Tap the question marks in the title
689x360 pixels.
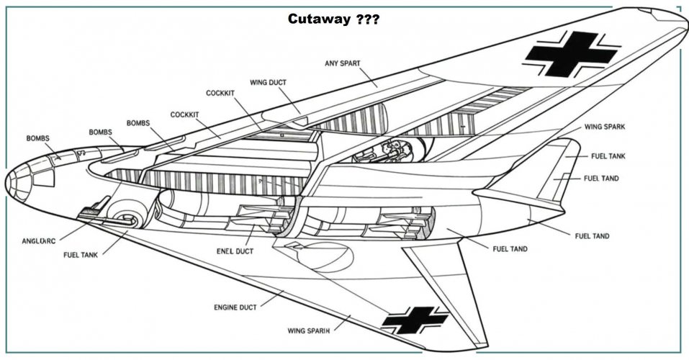pyautogui.click(x=367, y=19)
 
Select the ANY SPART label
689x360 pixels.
pyautogui.click(x=343, y=64)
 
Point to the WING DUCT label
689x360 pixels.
pyautogui.click(x=269, y=82)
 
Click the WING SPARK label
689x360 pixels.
pyautogui.click(x=604, y=127)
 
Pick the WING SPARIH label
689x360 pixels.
pyautogui.click(x=308, y=331)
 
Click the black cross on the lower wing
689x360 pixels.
pyautogui.click(x=415, y=320)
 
